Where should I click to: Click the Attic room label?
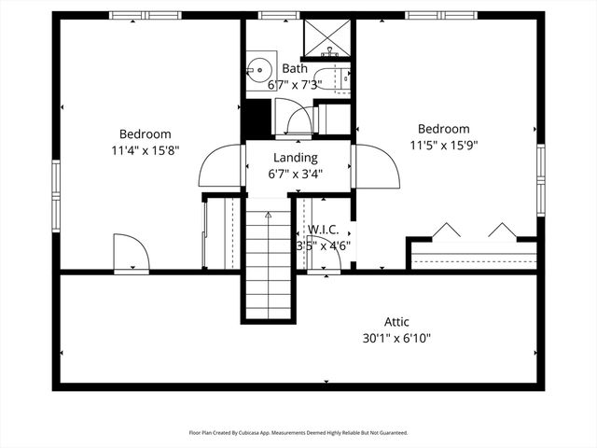(x=396, y=322)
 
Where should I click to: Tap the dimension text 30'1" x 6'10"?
(x=396, y=338)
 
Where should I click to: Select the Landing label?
(x=295, y=158)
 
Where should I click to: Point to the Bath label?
(x=295, y=69)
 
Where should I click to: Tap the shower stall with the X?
(x=326, y=37)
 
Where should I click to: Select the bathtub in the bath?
(x=331, y=80)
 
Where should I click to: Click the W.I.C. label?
(x=322, y=230)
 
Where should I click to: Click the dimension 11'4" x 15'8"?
(x=145, y=149)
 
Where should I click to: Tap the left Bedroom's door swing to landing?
(x=220, y=167)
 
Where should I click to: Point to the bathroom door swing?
(x=298, y=121)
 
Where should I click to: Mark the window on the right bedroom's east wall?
(x=540, y=180)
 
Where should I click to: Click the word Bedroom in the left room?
(x=145, y=133)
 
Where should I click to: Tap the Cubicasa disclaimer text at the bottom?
(x=298, y=432)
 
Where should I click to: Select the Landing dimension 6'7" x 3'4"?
(x=295, y=174)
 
